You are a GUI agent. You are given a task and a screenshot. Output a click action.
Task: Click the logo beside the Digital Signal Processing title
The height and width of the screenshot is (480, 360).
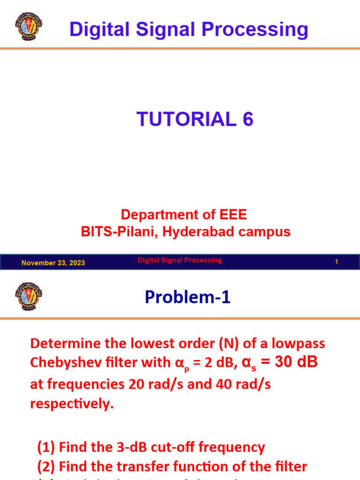(29, 24)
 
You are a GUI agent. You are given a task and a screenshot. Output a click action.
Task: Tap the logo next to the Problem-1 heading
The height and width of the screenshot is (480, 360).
(29, 296)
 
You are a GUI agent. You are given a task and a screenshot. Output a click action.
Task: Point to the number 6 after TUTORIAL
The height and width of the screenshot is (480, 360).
(247, 119)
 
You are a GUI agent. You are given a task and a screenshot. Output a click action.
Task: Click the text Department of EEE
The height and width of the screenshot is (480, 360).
(184, 215)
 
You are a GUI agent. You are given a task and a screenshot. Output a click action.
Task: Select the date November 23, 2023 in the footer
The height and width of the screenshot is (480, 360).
(53, 262)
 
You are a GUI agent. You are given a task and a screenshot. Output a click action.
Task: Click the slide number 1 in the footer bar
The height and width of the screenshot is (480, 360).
(336, 262)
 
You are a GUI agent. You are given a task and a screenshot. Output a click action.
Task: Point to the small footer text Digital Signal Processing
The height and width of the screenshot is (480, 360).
(180, 260)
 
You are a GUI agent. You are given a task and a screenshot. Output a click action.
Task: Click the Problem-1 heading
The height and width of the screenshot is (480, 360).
(187, 297)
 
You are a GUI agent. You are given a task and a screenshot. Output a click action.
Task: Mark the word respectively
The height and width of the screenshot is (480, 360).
(72, 404)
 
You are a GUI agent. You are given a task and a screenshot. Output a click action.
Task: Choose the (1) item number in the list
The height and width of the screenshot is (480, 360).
(46, 447)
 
